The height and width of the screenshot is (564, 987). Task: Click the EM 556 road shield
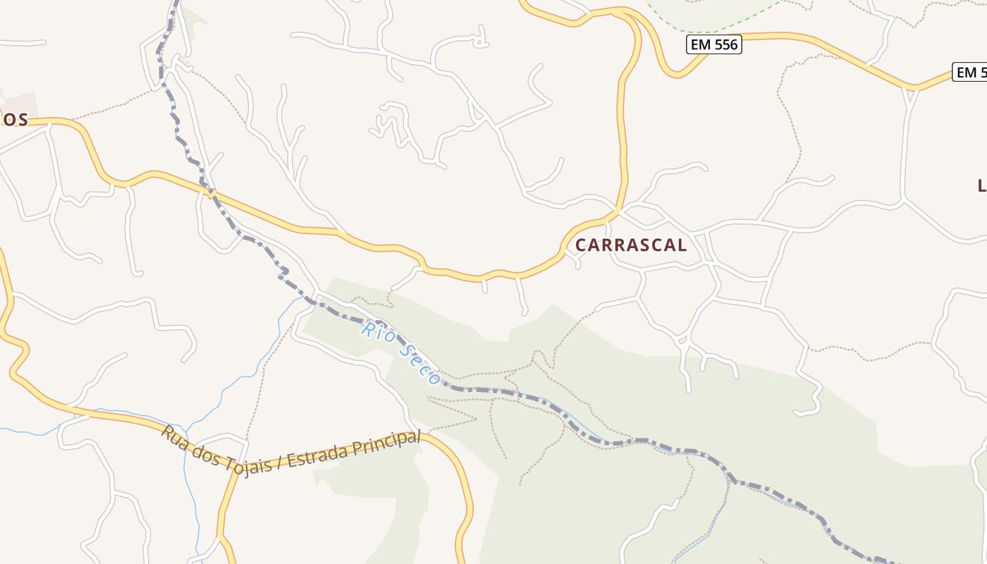713,45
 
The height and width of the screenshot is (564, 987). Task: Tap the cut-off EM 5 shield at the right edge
970,72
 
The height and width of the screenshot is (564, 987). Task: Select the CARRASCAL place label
631,245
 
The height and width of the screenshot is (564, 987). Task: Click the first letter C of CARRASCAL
582,245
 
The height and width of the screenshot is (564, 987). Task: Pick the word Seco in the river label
420,364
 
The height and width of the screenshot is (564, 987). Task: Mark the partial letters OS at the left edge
14,120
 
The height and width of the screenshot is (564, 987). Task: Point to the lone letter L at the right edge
981,186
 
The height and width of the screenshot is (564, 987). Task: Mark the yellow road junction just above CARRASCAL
618,211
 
